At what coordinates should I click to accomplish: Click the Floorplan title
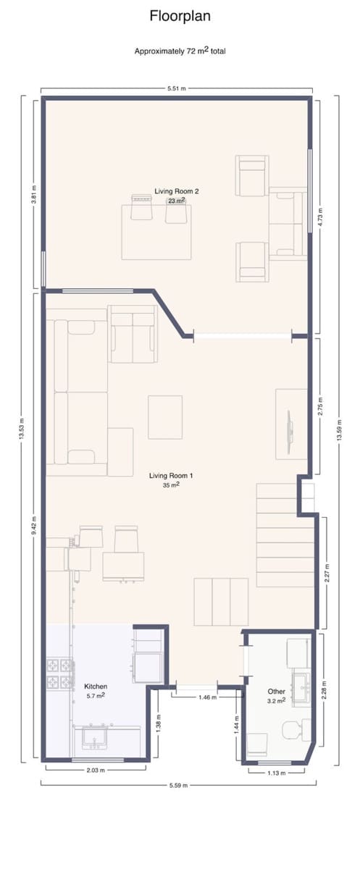(x=180, y=16)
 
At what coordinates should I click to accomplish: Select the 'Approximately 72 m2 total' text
(x=180, y=51)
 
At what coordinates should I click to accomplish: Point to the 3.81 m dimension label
(x=33, y=194)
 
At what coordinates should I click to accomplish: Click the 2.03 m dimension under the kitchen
(x=96, y=771)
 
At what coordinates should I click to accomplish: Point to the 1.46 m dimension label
(x=198, y=697)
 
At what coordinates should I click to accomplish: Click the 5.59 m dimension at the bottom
(x=177, y=785)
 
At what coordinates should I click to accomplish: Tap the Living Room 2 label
(x=176, y=191)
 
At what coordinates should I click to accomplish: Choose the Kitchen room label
(x=96, y=686)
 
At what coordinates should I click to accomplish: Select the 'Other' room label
(x=276, y=692)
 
